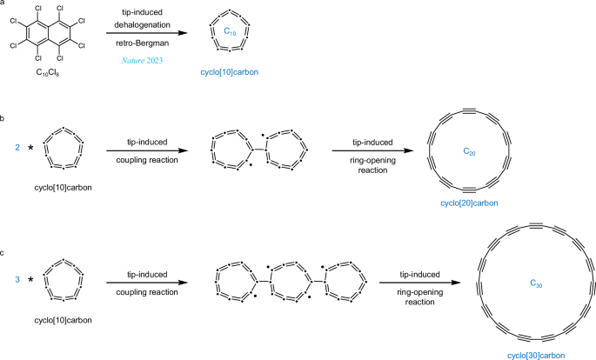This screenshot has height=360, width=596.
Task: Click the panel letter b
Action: point(3,116)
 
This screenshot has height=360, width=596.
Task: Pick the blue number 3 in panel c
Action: point(17,279)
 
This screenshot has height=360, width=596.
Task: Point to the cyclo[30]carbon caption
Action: point(535,356)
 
